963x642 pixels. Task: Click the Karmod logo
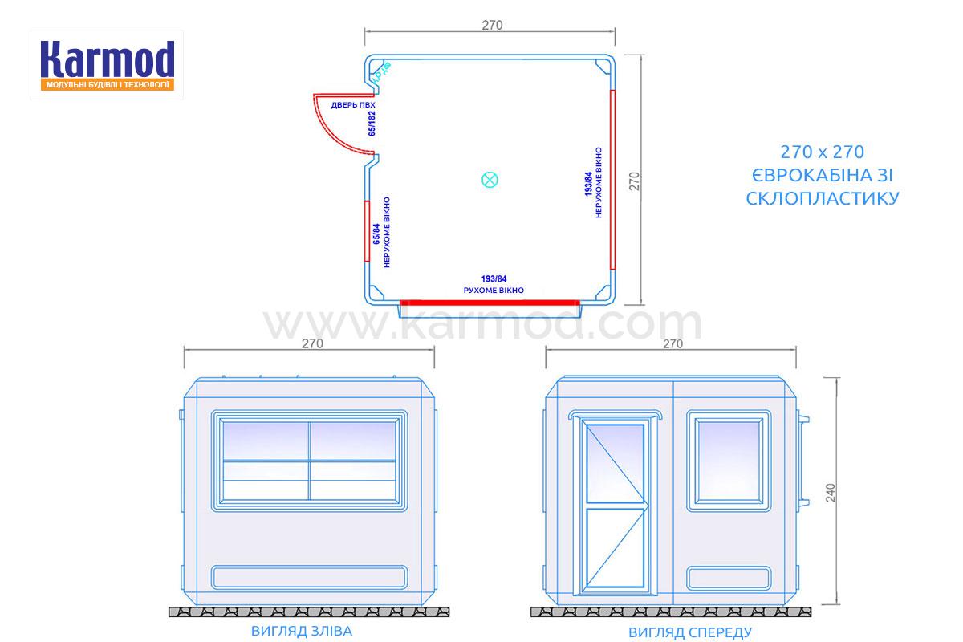tap(107, 65)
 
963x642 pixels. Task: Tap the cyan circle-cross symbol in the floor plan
tap(490, 180)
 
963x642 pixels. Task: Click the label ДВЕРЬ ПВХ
tap(353, 105)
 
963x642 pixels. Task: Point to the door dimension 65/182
tap(372, 124)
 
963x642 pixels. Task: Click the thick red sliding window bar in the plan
tap(490, 303)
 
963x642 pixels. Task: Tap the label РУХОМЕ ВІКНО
tap(494, 291)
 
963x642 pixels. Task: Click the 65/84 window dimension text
tap(376, 234)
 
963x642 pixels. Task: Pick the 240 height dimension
tap(831, 493)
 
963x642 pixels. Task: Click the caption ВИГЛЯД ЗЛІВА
tap(302, 632)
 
